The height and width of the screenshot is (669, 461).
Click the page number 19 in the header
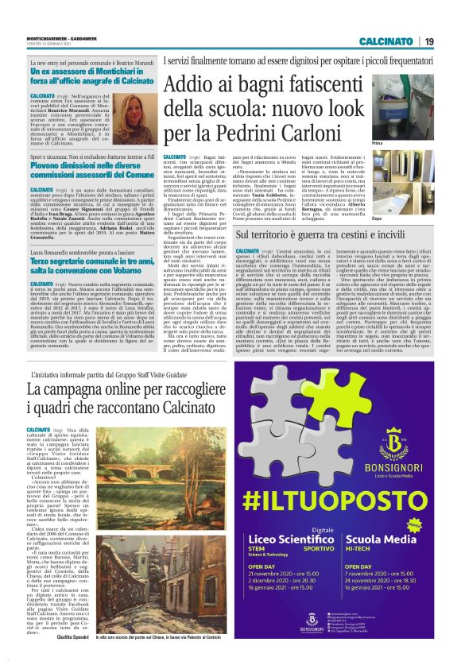coord(428,41)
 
